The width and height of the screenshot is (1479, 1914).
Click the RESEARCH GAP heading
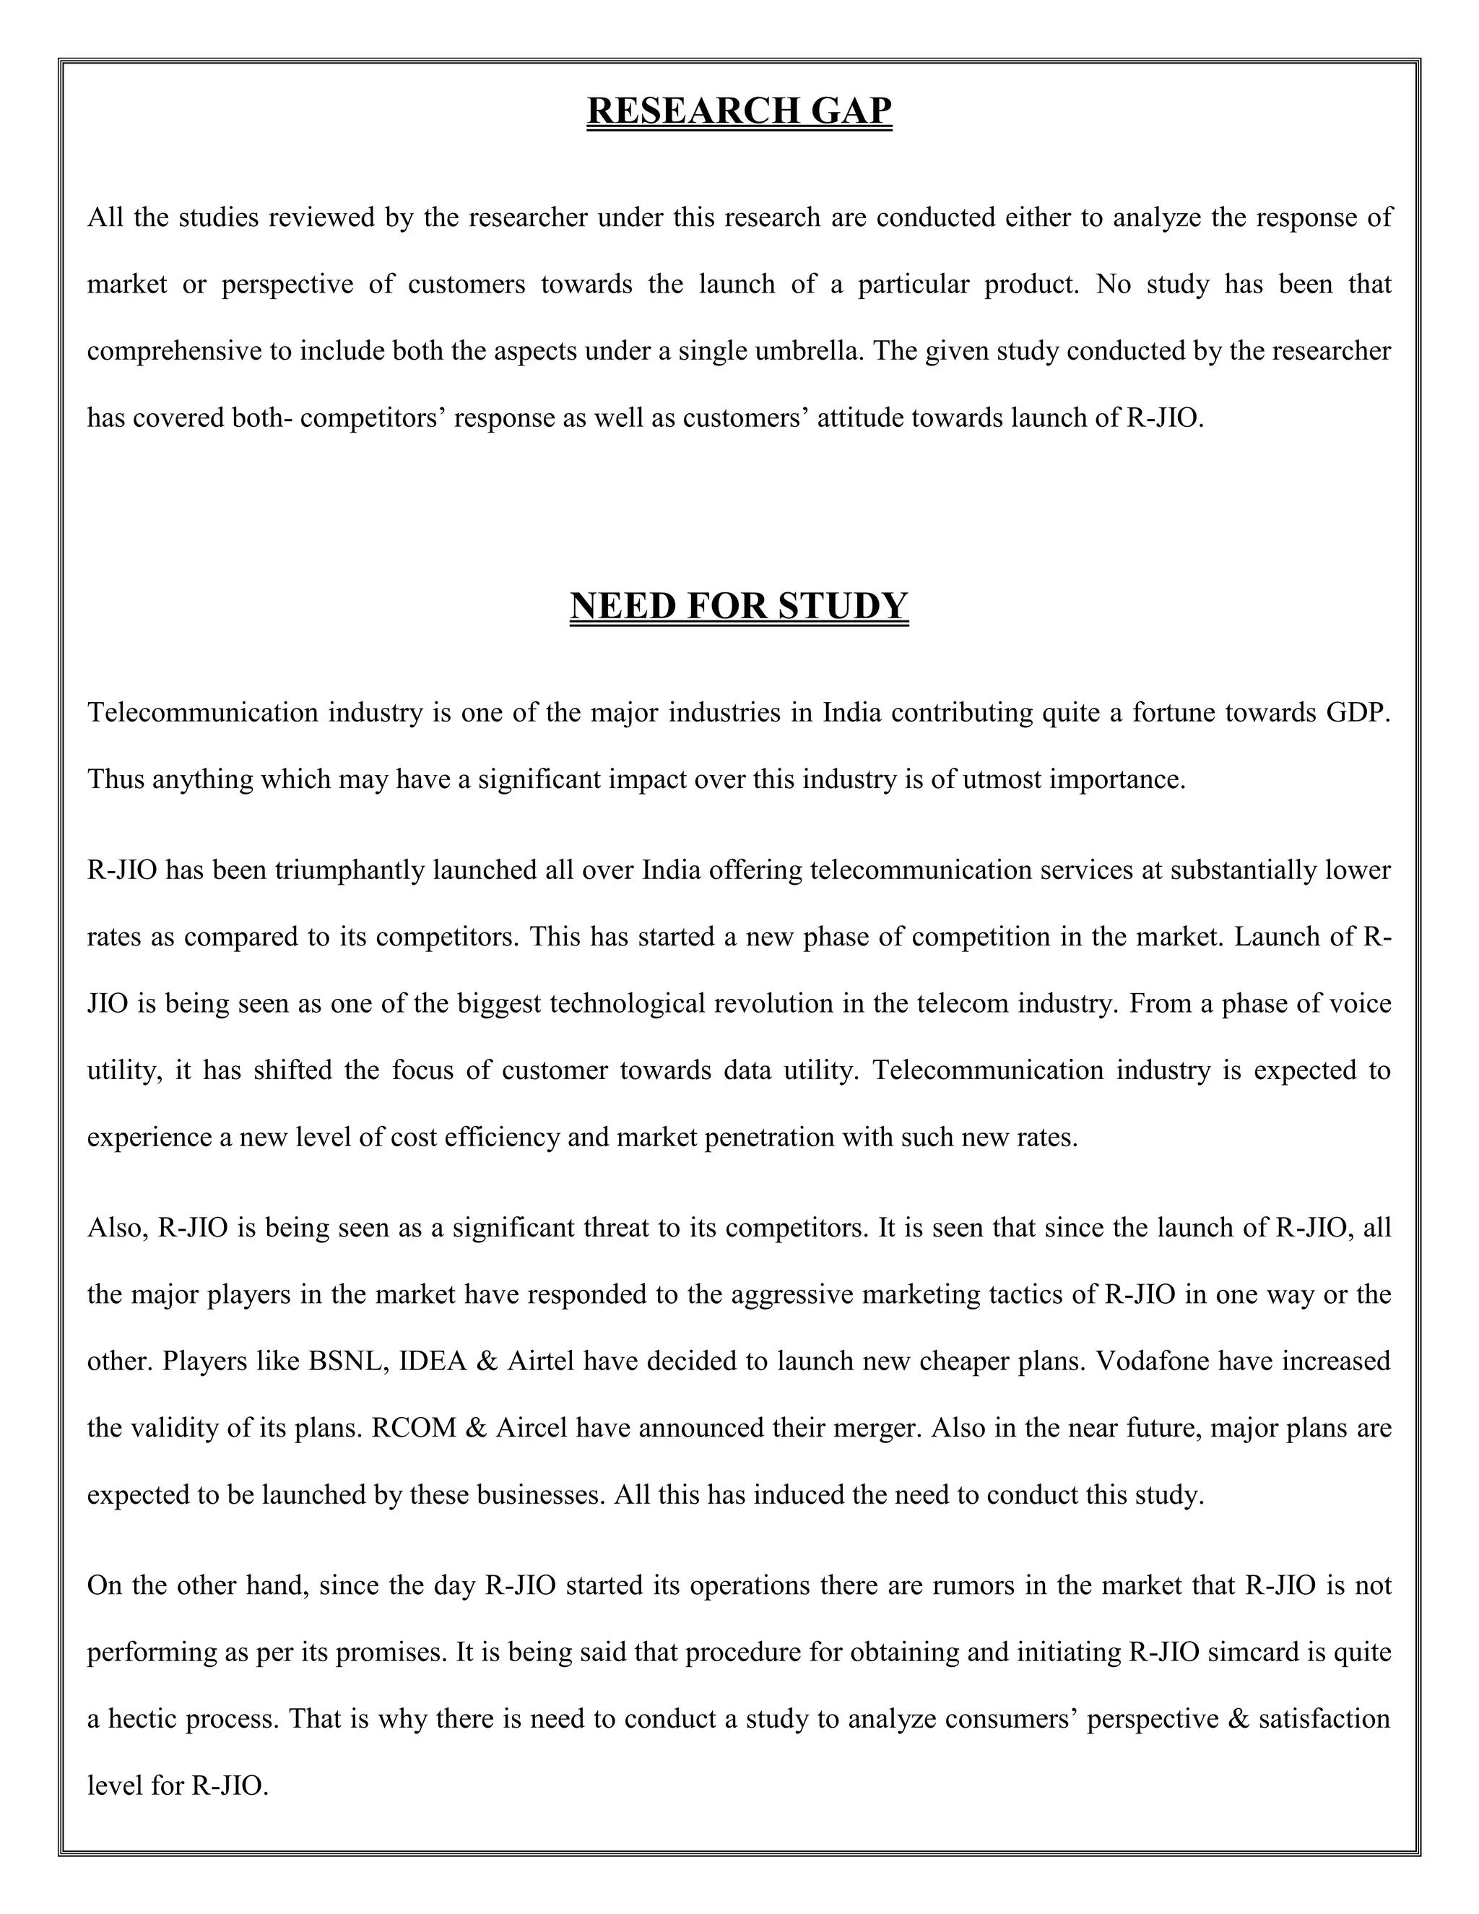(x=739, y=111)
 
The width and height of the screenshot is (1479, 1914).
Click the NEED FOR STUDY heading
(x=739, y=605)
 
